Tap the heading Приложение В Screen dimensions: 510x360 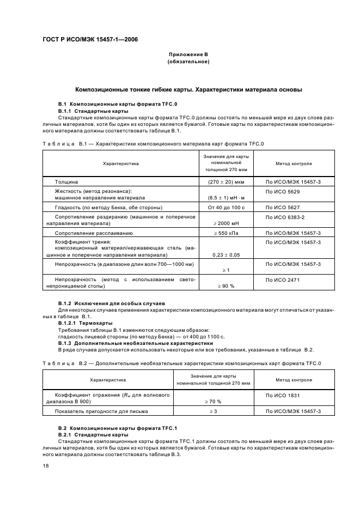point(188,56)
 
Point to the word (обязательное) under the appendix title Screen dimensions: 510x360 point(188,63)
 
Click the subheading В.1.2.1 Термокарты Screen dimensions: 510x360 point(81,323)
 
